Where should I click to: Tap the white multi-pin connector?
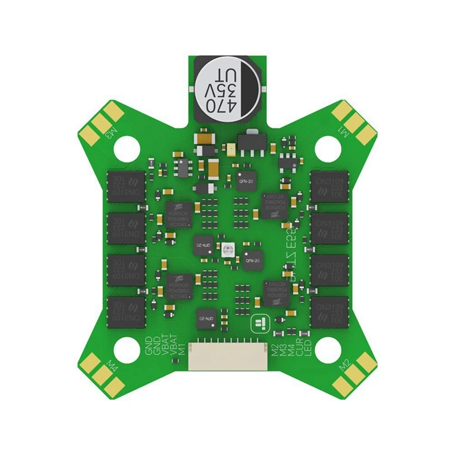(x=227, y=357)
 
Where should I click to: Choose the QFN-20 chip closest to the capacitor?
(x=247, y=180)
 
